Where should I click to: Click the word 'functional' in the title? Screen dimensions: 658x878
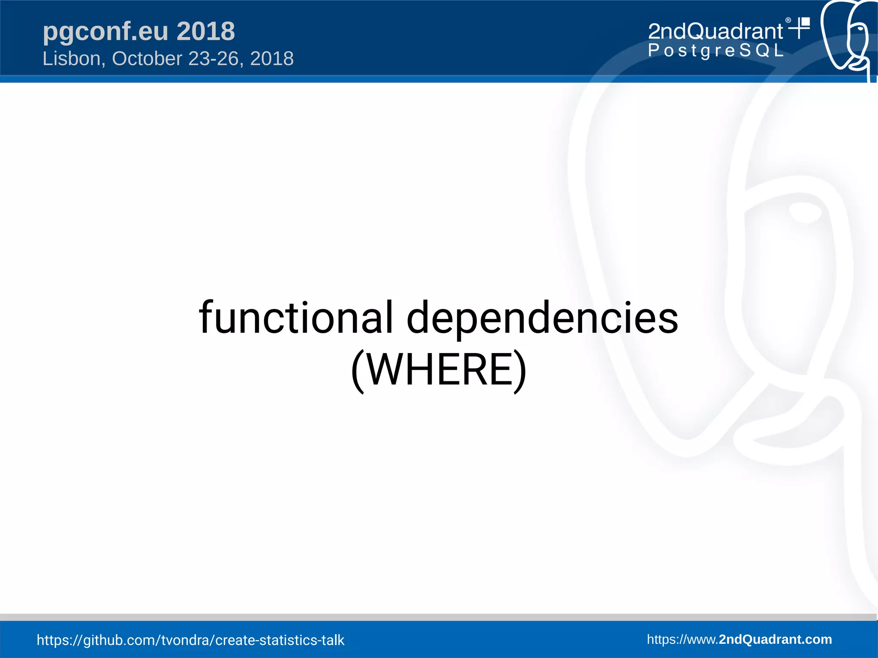[296, 318]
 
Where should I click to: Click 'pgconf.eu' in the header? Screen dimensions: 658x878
[105, 31]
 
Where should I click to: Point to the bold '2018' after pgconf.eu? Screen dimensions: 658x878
[206, 31]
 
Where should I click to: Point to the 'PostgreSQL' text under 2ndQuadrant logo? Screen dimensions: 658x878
[716, 51]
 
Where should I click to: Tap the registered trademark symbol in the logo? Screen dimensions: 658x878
[788, 20]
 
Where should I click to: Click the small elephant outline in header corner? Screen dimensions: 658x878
[847, 36]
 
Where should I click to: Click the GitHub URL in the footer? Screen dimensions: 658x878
[190, 640]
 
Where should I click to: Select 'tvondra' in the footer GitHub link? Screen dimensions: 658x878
[185, 640]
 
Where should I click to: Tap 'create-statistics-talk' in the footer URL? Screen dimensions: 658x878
[280, 640]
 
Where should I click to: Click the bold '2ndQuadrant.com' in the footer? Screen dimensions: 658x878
[775, 639]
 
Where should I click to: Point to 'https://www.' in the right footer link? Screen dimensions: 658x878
[682, 639]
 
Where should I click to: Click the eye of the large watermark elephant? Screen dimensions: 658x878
[805, 212]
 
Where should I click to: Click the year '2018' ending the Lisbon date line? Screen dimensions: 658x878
[272, 58]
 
